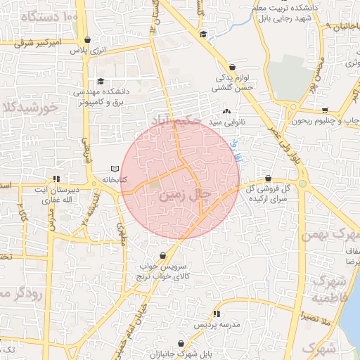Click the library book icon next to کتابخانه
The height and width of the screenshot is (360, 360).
tap(116, 169)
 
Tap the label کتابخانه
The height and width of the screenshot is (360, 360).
tap(114, 180)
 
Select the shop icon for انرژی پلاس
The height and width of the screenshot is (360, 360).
tap(86, 40)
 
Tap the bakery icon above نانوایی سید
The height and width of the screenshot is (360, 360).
tap(226, 111)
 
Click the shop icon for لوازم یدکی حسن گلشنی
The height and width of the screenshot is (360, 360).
tap(232, 67)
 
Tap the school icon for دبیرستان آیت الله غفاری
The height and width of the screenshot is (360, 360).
tap(57, 179)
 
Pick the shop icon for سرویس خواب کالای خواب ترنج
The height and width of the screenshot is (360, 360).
tap(163, 256)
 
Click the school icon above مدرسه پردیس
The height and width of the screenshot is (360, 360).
tap(217, 314)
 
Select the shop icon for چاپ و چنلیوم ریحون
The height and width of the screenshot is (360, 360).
tap(325, 110)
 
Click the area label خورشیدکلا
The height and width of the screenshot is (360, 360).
tap(28, 108)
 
